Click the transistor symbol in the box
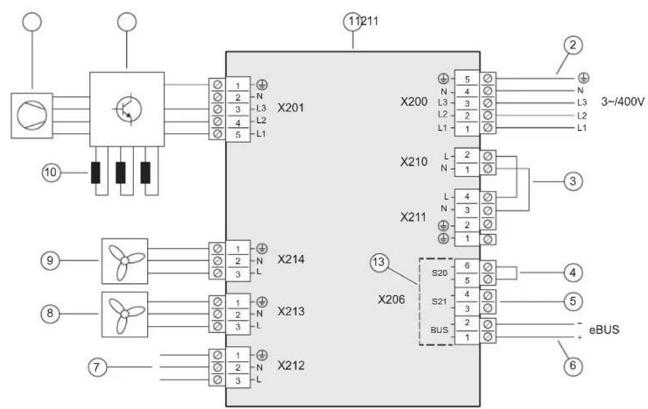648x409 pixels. pyautogui.click(x=126, y=109)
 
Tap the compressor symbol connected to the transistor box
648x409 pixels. pyautogui.click(x=32, y=115)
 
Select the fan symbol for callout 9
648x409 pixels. pyautogui.click(x=125, y=261)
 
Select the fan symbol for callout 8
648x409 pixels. pyautogui.click(x=125, y=314)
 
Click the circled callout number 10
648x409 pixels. pyautogui.click(x=51, y=172)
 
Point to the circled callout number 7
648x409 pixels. pyautogui.click(x=97, y=367)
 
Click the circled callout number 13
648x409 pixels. pyautogui.click(x=378, y=263)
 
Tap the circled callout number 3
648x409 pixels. pyautogui.click(x=573, y=181)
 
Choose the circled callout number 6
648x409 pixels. pyautogui.click(x=573, y=366)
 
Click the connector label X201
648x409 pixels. pyautogui.click(x=290, y=108)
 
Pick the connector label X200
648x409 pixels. pyautogui.click(x=414, y=102)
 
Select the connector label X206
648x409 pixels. pyautogui.click(x=391, y=299)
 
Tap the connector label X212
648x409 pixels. pyautogui.click(x=291, y=366)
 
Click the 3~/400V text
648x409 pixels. pyautogui.click(x=622, y=102)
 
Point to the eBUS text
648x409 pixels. pyautogui.click(x=604, y=329)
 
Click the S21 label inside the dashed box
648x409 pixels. pyautogui.click(x=439, y=302)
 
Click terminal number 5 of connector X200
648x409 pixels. pyautogui.click(x=467, y=79)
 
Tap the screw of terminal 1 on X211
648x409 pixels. pyautogui.click(x=488, y=239)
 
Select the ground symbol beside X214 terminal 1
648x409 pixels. pyautogui.click(x=262, y=249)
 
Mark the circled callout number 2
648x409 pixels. pyautogui.click(x=573, y=45)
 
